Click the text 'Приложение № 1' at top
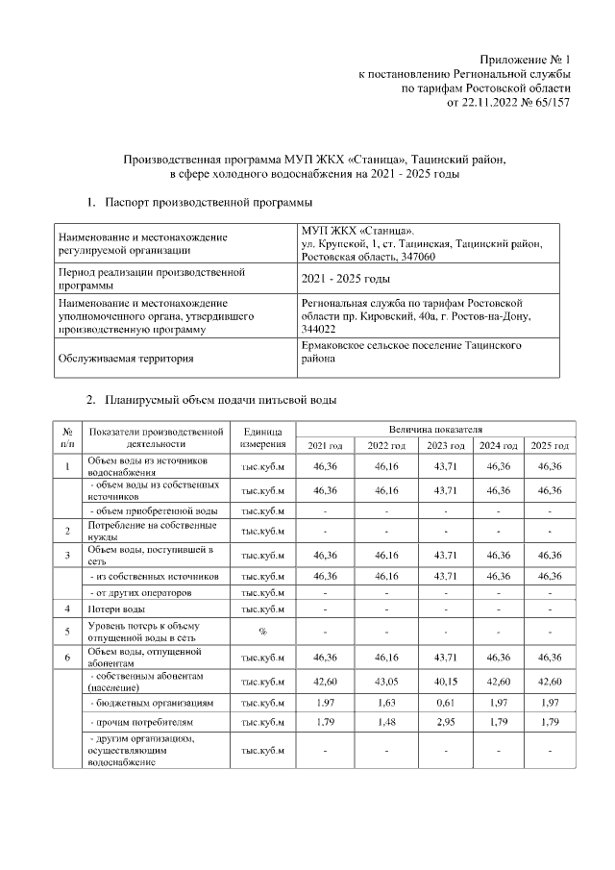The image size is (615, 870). pyautogui.click(x=528, y=59)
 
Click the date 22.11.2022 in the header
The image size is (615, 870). pyautogui.click(x=491, y=102)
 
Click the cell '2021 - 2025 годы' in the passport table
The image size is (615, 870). pyautogui.click(x=345, y=279)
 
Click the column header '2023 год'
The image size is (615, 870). pyautogui.click(x=445, y=446)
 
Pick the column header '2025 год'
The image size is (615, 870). pyautogui.click(x=551, y=446)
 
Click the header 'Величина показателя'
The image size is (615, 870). pyautogui.click(x=435, y=427)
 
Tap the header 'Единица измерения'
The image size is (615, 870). pyautogui.click(x=262, y=437)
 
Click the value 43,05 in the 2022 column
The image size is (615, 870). pyautogui.click(x=386, y=683)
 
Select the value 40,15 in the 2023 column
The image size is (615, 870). pyautogui.click(x=445, y=683)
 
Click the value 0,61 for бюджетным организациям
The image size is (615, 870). pyautogui.click(x=445, y=704)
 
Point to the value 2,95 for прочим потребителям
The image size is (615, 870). pyautogui.click(x=445, y=721)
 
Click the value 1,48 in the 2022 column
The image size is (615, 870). pyautogui.click(x=386, y=721)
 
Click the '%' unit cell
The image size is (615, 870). pyautogui.click(x=262, y=631)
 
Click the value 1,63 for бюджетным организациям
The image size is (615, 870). pyautogui.click(x=386, y=704)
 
